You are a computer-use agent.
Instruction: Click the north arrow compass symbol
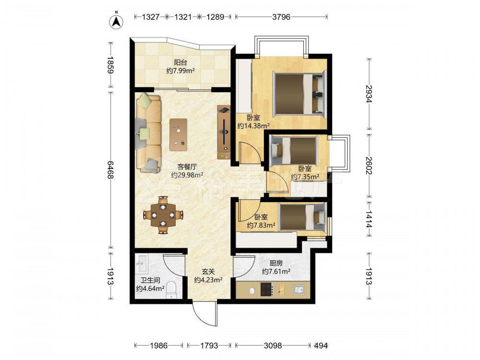coord(116,21)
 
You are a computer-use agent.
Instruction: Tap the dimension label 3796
coord(281,17)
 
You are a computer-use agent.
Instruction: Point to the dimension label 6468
coord(111,170)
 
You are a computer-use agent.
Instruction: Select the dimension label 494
coord(321,346)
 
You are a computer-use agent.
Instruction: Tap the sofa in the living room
coord(148,133)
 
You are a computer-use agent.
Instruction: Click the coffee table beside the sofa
coord(179,135)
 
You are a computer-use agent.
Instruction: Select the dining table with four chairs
coord(163,215)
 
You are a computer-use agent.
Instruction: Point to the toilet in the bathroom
coord(171,290)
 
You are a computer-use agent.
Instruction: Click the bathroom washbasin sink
coord(142,264)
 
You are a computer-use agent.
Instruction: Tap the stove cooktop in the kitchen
coord(266,289)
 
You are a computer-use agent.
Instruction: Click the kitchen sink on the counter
coord(299,289)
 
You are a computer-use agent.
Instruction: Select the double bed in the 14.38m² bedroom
coord(300,94)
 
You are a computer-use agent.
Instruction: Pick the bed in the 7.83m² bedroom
coord(302,217)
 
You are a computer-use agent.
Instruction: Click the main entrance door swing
coord(205,314)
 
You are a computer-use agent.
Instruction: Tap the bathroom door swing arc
coord(174,265)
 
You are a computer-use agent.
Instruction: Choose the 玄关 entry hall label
coord(208,272)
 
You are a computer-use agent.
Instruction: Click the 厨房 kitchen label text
coord(276,263)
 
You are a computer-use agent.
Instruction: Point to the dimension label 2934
coord(369,94)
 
